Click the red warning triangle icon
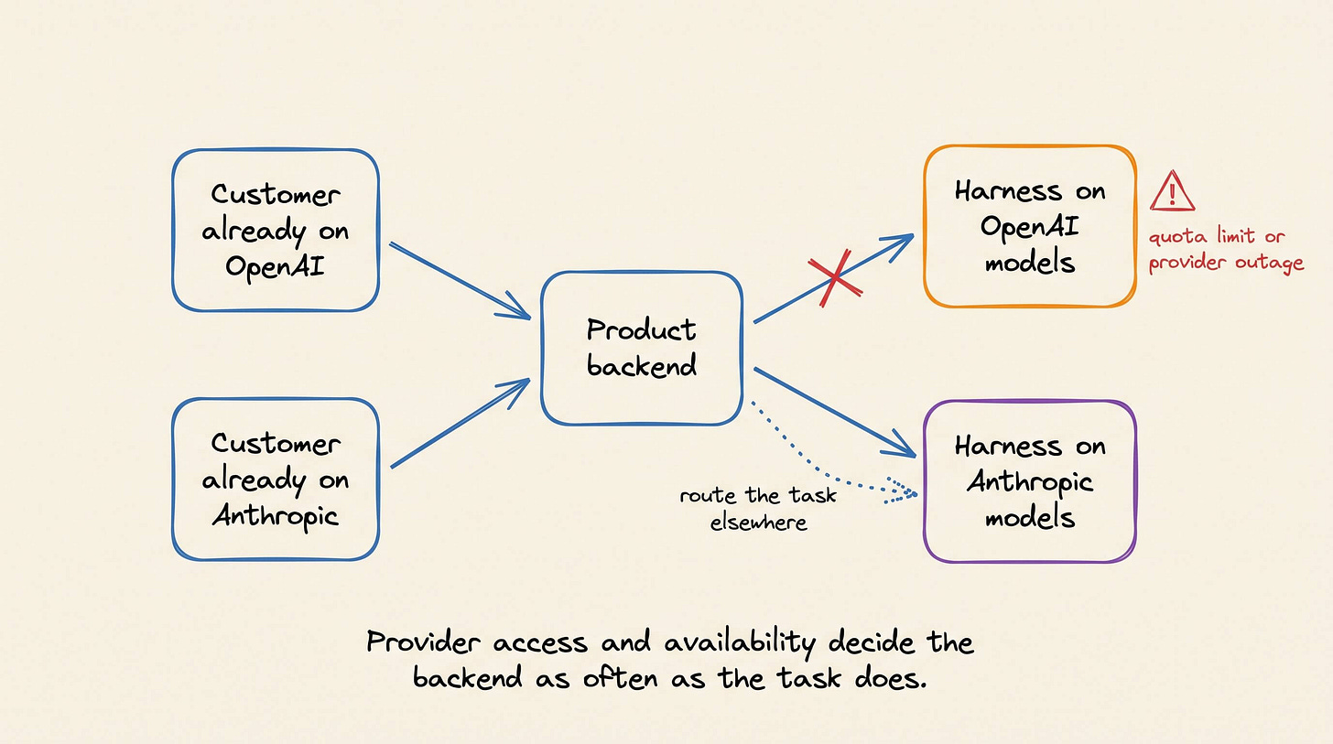point(1172,191)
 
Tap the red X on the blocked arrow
point(836,277)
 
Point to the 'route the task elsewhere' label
point(758,509)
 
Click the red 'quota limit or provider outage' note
point(1226,249)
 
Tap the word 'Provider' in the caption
point(423,642)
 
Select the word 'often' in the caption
point(620,678)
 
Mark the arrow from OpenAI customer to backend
point(460,281)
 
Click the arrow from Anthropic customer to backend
point(460,423)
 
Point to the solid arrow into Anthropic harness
point(835,413)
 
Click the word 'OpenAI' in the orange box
point(1029,228)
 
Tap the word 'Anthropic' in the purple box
point(1029,482)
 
